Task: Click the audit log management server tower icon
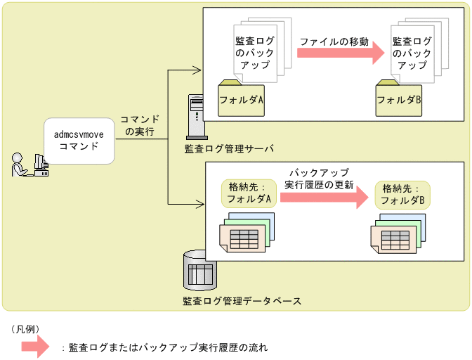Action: [196, 117]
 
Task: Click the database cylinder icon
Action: [199, 270]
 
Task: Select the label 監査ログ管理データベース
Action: [242, 301]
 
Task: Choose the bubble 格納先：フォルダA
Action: [248, 193]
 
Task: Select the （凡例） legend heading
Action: [29, 329]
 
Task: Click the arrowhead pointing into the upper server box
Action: [197, 70]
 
